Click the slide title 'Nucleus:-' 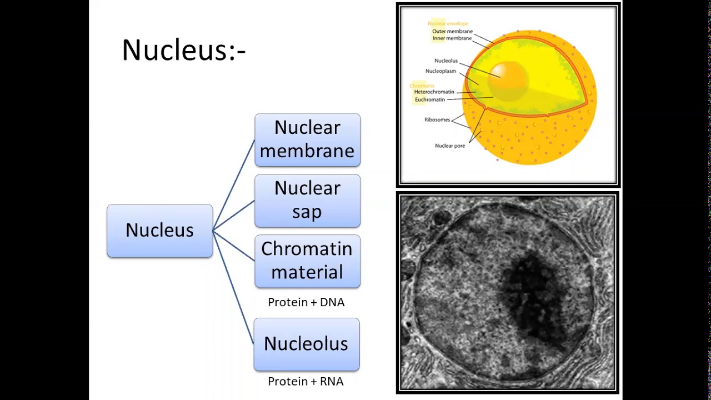183,50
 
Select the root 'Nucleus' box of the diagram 159,231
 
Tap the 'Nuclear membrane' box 307,139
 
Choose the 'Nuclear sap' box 307,201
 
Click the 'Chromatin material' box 307,261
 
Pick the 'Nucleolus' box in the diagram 306,344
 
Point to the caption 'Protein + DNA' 306,302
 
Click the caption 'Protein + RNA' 306,382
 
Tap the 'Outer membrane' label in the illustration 452,32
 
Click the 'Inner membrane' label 452,38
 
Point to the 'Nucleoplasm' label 440,71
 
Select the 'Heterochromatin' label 434,92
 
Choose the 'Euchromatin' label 429,99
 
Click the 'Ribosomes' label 437,120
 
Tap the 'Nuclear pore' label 449,146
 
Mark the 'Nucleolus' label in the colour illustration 445,61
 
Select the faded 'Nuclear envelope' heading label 448,23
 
